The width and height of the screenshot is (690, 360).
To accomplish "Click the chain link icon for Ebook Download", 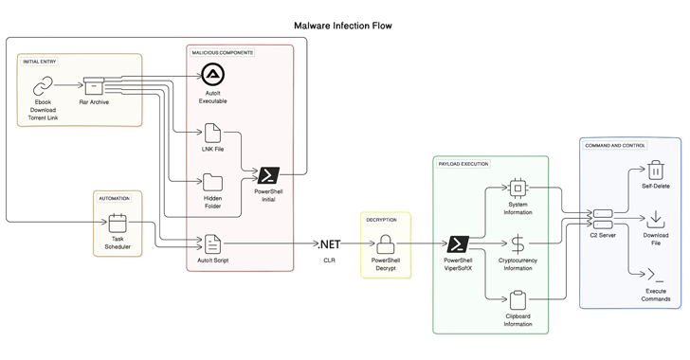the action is tap(43, 86).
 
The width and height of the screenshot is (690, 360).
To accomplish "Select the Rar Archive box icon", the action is tap(94, 86).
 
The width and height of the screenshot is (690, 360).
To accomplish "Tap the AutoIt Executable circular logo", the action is tap(213, 75).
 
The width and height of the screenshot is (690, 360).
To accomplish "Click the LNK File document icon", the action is tap(212, 133).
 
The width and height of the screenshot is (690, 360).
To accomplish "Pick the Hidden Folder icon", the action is tap(212, 182).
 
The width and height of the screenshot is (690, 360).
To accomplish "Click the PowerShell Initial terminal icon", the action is tap(268, 175).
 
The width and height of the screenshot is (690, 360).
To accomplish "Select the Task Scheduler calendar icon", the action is tap(118, 224).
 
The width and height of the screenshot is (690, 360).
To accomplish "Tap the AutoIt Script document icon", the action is tap(212, 243).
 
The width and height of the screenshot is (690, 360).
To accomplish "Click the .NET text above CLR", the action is tap(329, 243).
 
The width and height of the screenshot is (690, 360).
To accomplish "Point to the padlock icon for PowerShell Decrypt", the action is tap(386, 243).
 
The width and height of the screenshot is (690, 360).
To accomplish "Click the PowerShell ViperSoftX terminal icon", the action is tap(458, 243).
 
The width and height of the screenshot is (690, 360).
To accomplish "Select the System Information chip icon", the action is tap(517, 189).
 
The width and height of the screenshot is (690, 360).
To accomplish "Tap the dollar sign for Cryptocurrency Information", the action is tap(517, 244).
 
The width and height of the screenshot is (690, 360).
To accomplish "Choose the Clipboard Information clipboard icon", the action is tap(517, 300).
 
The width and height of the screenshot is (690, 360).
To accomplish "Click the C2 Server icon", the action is tap(603, 219).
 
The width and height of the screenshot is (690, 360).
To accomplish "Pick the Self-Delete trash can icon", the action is tap(656, 170).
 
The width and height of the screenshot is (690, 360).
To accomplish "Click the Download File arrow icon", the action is tap(656, 219).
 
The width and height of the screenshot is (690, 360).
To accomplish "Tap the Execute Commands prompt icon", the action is tap(656, 275).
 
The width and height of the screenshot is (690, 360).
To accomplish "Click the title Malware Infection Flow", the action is tap(343, 26).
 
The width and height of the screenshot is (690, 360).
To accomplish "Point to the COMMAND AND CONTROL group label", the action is tap(615, 145).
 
